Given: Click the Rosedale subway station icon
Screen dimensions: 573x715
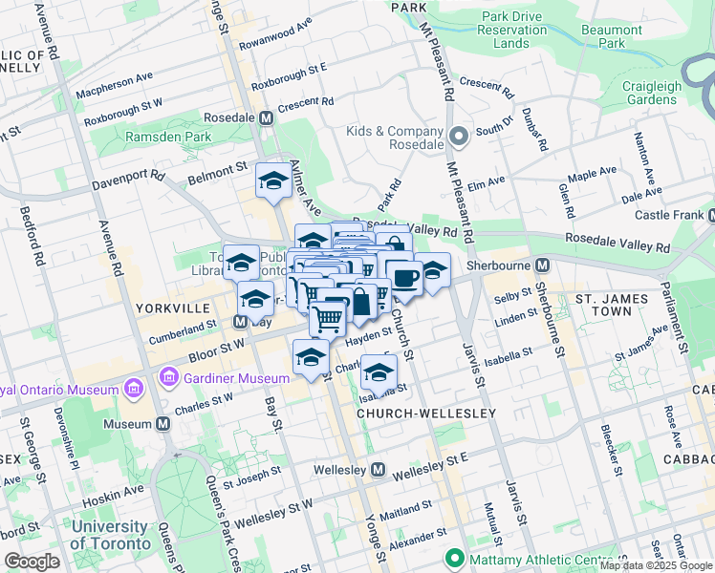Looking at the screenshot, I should click(x=267, y=117).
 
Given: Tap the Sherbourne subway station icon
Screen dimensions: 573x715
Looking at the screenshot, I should click(x=542, y=265).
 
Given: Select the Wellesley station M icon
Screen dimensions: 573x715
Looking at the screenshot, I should click(x=379, y=470).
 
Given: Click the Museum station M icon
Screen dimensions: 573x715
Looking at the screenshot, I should click(x=163, y=422).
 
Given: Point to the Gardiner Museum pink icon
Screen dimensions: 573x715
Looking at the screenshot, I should click(x=170, y=378).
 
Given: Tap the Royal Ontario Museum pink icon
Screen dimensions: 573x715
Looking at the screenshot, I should click(x=133, y=390).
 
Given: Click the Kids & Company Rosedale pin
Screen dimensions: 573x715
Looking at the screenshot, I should click(x=459, y=138).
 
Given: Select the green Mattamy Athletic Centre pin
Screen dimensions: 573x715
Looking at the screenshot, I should click(x=452, y=558).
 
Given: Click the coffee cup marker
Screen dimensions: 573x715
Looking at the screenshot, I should click(x=403, y=278).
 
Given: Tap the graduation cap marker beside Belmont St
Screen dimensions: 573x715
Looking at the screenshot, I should click(x=273, y=180).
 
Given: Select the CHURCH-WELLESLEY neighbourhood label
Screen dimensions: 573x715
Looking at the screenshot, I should click(x=426, y=414).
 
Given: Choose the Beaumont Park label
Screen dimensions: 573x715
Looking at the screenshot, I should click(x=611, y=36).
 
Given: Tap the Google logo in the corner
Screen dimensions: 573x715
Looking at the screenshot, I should click(x=32, y=562).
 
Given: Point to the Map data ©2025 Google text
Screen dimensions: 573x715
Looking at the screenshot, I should click(x=656, y=565).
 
